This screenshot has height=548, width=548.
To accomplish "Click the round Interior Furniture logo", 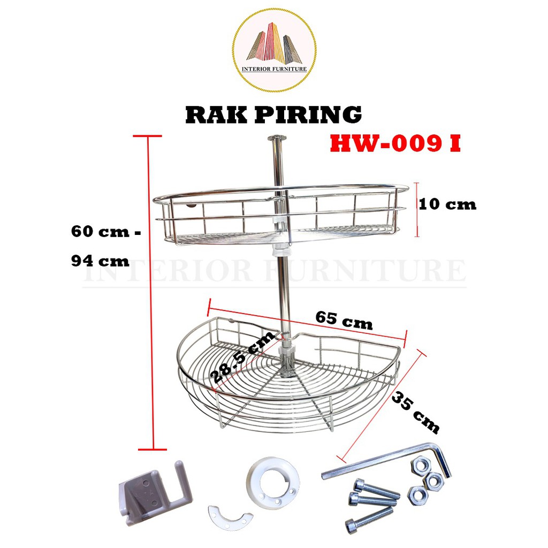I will coord(274,50).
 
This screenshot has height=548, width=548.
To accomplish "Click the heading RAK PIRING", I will coord(273,115).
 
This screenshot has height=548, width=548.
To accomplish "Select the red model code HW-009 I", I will coord(395,143).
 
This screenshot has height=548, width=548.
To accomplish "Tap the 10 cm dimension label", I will coord(447,204).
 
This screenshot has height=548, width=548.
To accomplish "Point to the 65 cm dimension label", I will coord(344,321).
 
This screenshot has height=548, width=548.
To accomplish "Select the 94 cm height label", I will coord(100,262).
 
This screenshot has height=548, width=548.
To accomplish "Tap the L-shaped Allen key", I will coord(396,461).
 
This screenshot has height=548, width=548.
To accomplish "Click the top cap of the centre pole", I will coord(277,139).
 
